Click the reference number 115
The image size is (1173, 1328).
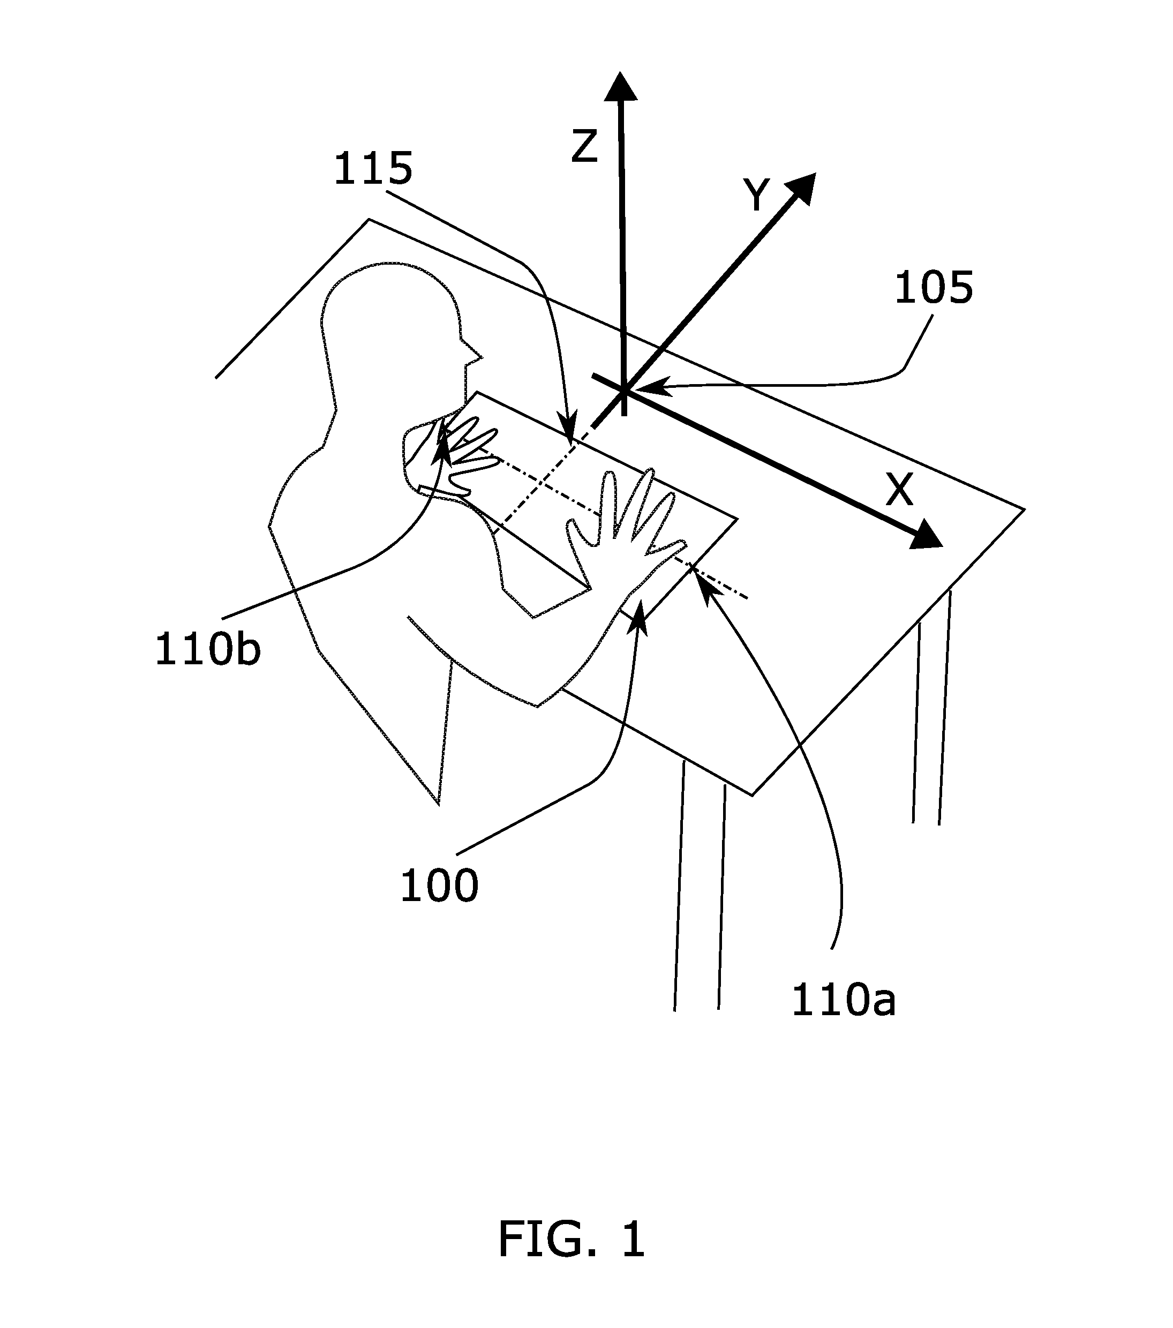click(373, 169)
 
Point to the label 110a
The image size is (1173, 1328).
click(844, 1001)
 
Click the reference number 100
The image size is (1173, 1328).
click(439, 886)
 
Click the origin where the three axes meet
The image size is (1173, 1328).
click(624, 391)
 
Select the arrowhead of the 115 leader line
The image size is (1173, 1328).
click(569, 434)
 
